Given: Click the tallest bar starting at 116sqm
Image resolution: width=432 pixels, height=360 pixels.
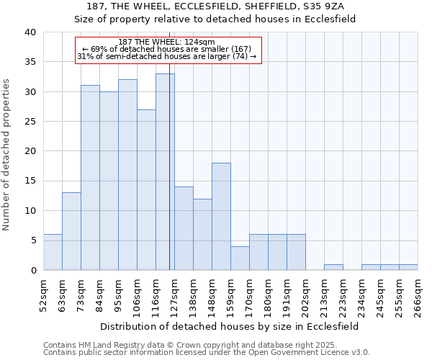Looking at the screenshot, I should (165, 172).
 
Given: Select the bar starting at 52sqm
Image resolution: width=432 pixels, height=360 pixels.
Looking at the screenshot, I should (53, 252).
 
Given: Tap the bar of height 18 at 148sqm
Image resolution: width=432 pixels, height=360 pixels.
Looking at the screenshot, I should (221, 217).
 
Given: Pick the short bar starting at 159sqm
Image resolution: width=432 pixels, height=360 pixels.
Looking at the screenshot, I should (240, 258).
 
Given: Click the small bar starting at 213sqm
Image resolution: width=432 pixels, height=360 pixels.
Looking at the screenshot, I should (333, 267).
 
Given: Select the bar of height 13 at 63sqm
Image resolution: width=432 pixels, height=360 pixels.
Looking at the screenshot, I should (71, 231).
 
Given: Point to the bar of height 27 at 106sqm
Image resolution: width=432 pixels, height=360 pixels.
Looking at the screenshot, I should (146, 190).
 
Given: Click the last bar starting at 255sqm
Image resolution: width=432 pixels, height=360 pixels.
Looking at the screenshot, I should (408, 267).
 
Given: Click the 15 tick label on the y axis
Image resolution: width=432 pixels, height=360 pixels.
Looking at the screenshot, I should (30, 181).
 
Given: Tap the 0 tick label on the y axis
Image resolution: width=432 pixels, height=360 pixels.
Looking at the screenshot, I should (32, 270).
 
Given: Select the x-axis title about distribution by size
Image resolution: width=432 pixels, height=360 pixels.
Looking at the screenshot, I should (230, 326).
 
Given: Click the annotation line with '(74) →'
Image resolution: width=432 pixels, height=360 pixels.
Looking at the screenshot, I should (166, 56).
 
